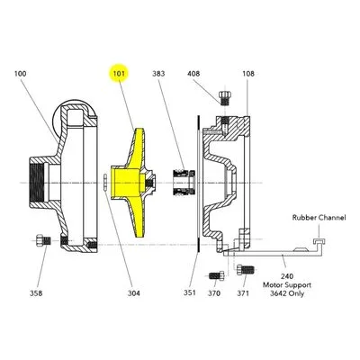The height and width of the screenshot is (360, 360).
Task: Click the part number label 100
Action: [x=21, y=74]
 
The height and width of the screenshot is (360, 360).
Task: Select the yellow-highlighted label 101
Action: [x=119, y=74]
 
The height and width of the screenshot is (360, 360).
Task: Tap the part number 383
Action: [x=158, y=74]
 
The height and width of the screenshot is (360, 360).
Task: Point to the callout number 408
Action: [x=193, y=74]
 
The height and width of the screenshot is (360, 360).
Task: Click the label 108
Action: [x=248, y=74]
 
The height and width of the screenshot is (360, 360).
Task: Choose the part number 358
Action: [x=36, y=293]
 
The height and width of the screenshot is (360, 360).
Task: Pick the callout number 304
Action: [x=134, y=293]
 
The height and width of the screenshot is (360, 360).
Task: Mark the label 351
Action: [x=190, y=292]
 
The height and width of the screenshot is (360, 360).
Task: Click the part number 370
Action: [x=214, y=293]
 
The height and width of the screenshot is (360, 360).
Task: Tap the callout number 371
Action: [x=243, y=293]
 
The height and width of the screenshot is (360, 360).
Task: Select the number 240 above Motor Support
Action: [x=287, y=276]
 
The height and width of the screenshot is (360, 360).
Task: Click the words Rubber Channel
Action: [x=319, y=218]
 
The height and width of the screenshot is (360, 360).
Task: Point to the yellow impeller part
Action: [x=132, y=183]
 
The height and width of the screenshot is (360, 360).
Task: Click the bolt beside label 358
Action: [x=43, y=241]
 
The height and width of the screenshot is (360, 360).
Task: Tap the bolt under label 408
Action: [x=224, y=98]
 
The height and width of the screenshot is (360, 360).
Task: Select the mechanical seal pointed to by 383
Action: [x=184, y=183]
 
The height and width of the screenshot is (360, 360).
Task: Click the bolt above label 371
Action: [x=246, y=270]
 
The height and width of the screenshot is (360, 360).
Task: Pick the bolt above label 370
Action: [x=217, y=275]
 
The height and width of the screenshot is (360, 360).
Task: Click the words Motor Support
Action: [x=287, y=284]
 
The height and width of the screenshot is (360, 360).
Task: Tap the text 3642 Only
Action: [x=287, y=293]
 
